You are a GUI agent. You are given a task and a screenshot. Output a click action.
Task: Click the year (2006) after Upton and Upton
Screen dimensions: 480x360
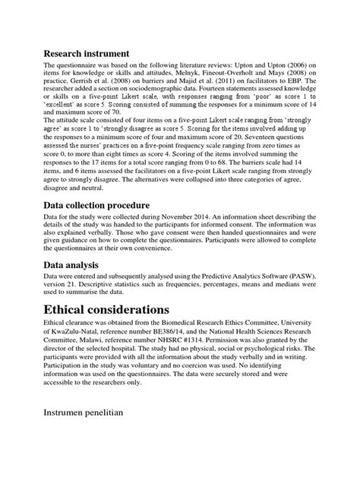[x=301, y=67]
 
